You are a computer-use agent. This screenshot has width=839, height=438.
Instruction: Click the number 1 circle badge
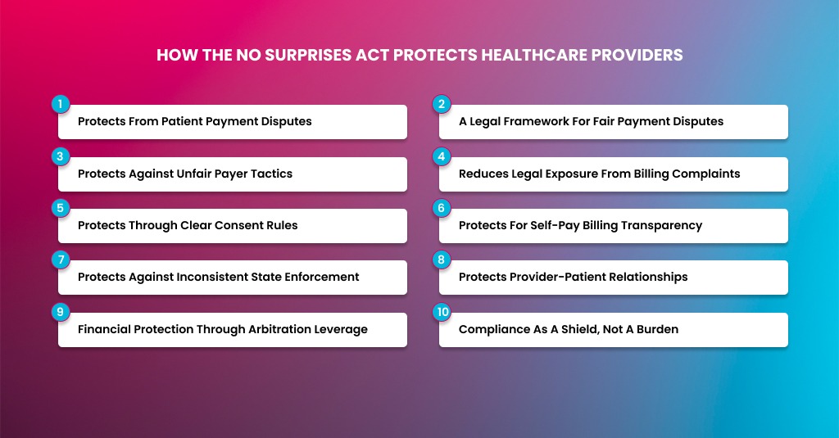coord(59,105)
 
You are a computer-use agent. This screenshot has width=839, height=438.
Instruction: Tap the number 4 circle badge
coord(441,156)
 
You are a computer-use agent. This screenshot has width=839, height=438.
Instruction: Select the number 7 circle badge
coord(59,260)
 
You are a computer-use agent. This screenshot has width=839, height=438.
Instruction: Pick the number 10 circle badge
coord(441,312)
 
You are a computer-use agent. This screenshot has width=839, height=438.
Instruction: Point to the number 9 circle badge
coord(59,312)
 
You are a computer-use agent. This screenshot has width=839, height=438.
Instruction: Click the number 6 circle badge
coord(441,208)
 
